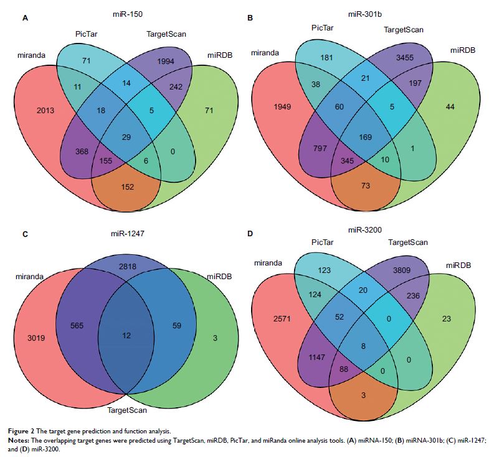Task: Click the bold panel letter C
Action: click(25, 235)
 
